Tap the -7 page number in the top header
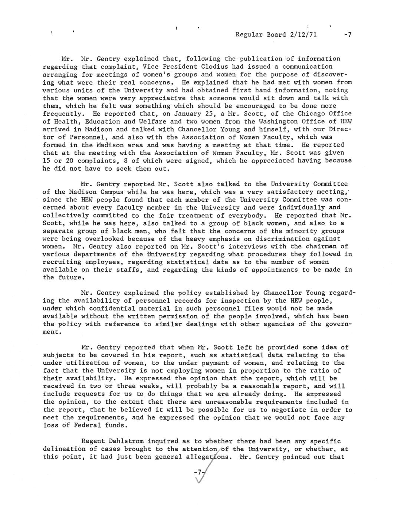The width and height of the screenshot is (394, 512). tap(347, 35)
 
